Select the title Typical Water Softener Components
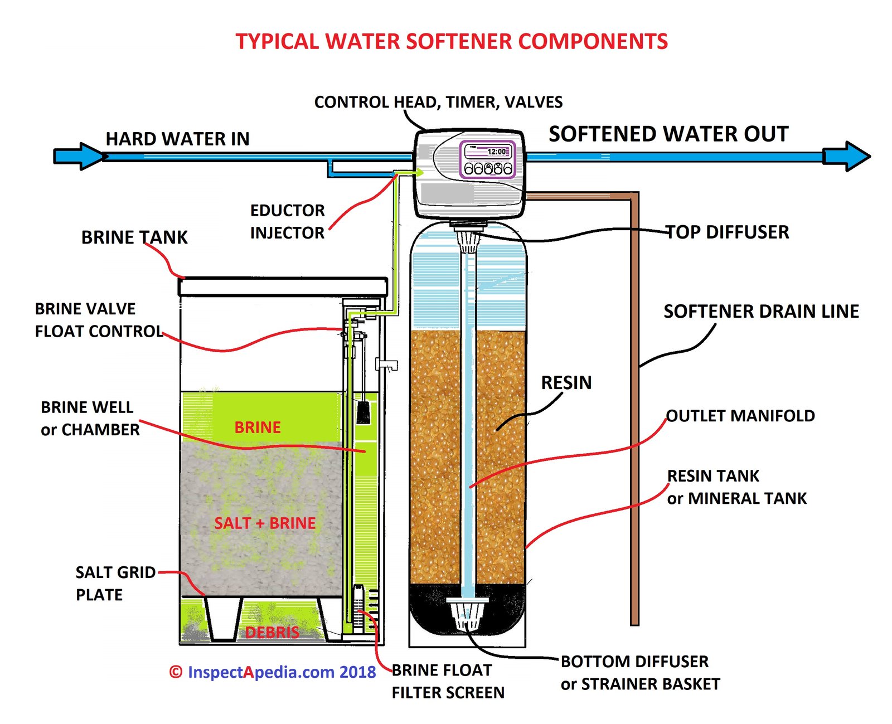pyautogui.click(x=452, y=42)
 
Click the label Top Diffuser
pyautogui.click(x=728, y=232)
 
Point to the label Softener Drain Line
pyautogui.click(x=761, y=311)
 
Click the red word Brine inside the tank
pyautogui.click(x=257, y=427)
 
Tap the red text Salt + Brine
pyautogui.click(x=265, y=523)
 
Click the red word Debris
pyautogui.click(x=272, y=632)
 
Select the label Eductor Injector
pyautogui.click(x=287, y=221)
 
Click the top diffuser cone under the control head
pyautogui.click(x=468, y=240)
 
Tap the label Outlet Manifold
pyautogui.click(x=740, y=416)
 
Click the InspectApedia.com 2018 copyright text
pyautogui.click(x=273, y=672)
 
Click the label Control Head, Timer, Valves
pyautogui.click(x=438, y=102)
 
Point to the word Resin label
pyautogui.click(x=566, y=383)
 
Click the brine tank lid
pyautogui.click(x=283, y=286)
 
